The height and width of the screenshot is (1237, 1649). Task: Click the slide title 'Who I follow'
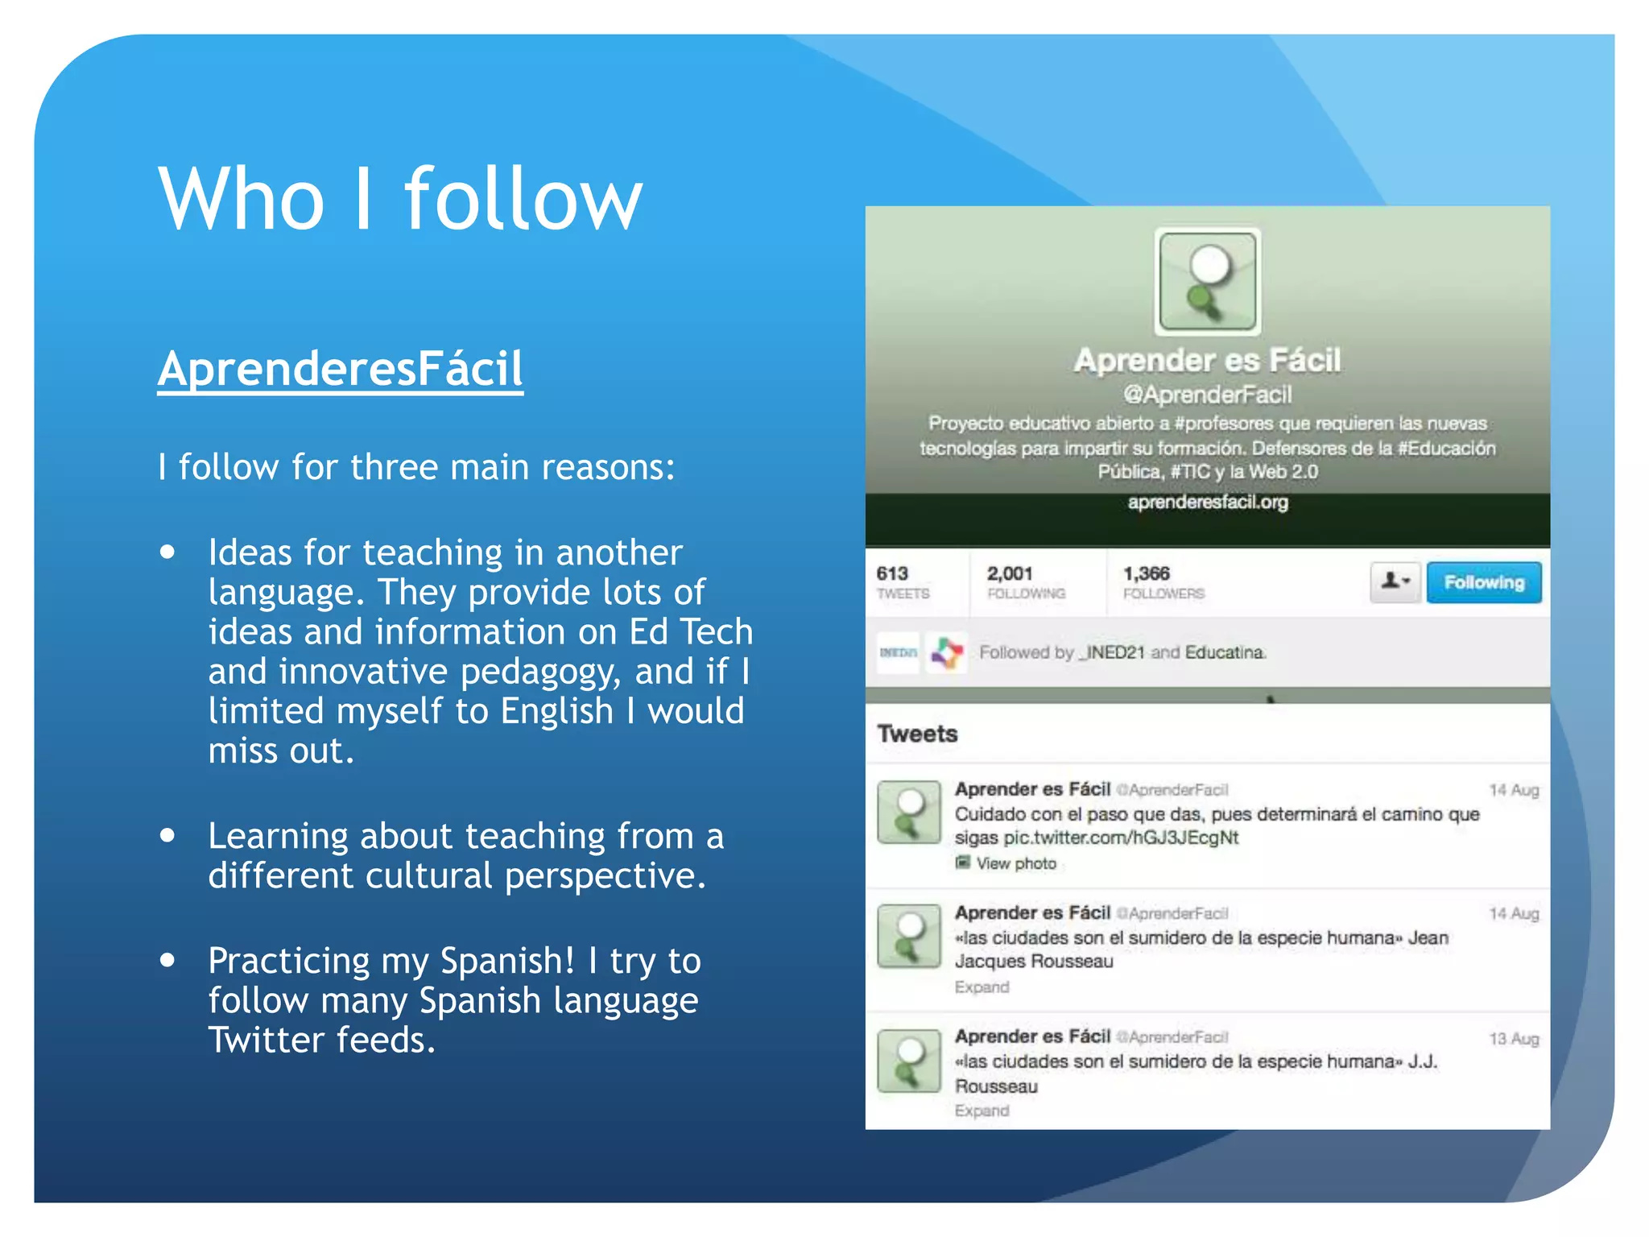click(x=400, y=199)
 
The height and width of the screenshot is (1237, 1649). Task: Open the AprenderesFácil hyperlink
click(x=340, y=369)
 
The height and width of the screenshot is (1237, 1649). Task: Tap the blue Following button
click(x=1483, y=582)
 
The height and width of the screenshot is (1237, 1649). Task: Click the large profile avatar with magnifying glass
click(x=1207, y=282)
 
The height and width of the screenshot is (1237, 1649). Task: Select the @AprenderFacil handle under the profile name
click(x=1207, y=395)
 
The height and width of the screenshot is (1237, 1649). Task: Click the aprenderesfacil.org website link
click(x=1207, y=503)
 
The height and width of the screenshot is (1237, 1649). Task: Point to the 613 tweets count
click(x=892, y=574)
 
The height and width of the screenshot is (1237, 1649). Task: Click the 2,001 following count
click(x=1010, y=574)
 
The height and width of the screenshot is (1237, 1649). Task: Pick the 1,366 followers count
click(x=1147, y=574)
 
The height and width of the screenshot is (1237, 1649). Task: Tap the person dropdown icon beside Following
click(x=1395, y=581)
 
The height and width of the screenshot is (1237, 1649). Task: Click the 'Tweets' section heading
click(x=917, y=734)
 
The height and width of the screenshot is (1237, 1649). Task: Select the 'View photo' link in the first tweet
click(x=1015, y=863)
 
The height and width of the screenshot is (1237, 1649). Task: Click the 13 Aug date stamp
click(x=1514, y=1039)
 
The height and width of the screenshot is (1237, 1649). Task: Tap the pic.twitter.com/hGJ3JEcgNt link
click(x=1121, y=838)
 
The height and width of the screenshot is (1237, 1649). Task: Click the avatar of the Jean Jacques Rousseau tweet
click(x=909, y=936)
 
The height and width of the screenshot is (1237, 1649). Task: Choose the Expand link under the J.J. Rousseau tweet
click(x=982, y=1111)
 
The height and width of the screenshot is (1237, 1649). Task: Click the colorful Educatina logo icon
click(x=947, y=652)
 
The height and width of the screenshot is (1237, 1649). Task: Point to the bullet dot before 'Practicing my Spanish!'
click(x=167, y=960)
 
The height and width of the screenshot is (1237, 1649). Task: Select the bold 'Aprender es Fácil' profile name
click(x=1207, y=361)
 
